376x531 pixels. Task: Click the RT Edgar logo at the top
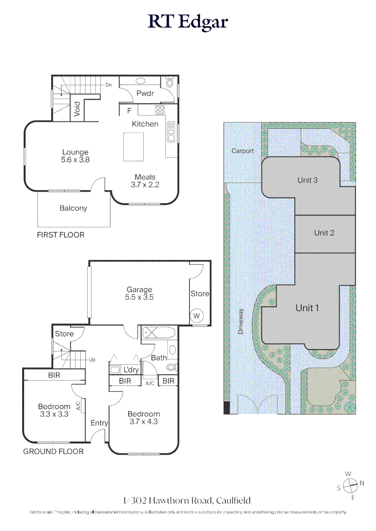[188, 22]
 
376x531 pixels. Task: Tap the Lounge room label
[75, 152]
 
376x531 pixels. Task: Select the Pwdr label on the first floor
[145, 93]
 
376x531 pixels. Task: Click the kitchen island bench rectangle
[133, 147]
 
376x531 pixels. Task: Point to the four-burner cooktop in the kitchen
[159, 109]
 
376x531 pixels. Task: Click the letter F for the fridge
[129, 111]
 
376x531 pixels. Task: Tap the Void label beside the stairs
[77, 109]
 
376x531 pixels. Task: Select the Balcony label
[73, 208]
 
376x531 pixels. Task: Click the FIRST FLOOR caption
[61, 235]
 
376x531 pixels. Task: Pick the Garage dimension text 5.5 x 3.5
[139, 297]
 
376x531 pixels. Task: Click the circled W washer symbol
[197, 316]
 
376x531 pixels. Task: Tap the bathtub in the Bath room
[158, 332]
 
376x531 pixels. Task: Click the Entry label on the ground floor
[99, 423]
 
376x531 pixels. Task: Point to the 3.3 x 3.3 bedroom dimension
[54, 414]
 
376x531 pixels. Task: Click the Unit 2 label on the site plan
[324, 233]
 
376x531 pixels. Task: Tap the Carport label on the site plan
[243, 151]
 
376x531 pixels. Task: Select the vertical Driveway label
[241, 322]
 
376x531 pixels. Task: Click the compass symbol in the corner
[350, 486]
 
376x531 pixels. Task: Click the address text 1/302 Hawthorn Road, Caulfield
[187, 500]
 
